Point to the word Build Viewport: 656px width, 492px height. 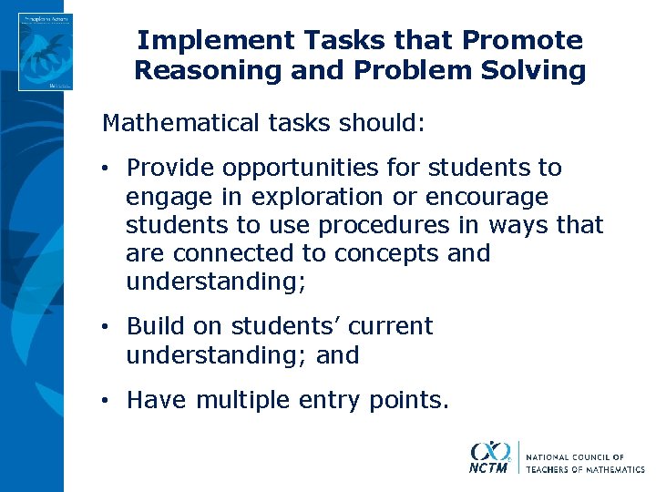(x=151, y=326)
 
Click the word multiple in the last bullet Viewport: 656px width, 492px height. (x=241, y=400)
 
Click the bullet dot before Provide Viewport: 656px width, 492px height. (x=108, y=169)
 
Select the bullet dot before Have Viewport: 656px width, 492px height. (x=108, y=401)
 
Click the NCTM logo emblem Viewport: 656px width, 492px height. (x=490, y=456)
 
